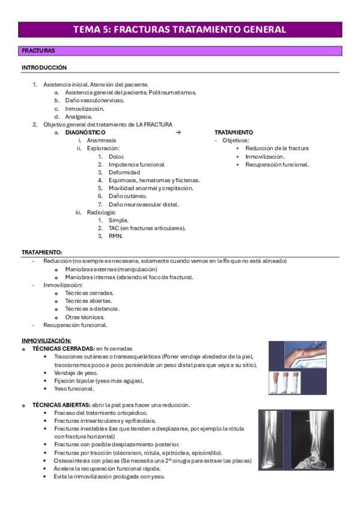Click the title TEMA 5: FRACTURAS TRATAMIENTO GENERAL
pos(180,29)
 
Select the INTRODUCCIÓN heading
pos(44,68)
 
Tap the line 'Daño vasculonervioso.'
pos(94,100)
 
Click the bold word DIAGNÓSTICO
pos(85,132)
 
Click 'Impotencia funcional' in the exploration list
pos(136,164)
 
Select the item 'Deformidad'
pos(125,172)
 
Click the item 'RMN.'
pos(115,236)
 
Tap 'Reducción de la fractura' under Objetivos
pos(277,148)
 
